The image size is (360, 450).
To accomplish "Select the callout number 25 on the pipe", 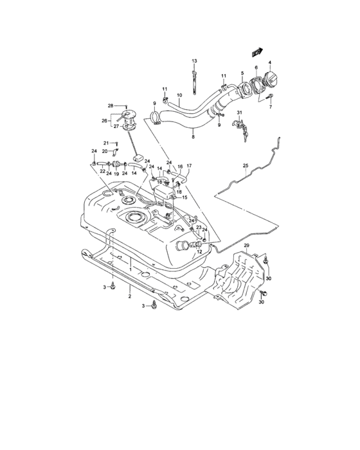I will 245,166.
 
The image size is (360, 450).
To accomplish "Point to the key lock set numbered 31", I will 242,126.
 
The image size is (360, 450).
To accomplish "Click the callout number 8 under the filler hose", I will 192,137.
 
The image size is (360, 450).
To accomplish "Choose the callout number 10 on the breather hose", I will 179,96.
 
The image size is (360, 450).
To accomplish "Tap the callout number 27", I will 117,127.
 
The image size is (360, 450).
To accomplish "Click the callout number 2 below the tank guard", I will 129,296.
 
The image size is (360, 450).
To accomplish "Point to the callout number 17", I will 189,166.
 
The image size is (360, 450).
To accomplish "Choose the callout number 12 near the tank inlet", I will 199,251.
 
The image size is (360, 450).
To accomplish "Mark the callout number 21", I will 106,143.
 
